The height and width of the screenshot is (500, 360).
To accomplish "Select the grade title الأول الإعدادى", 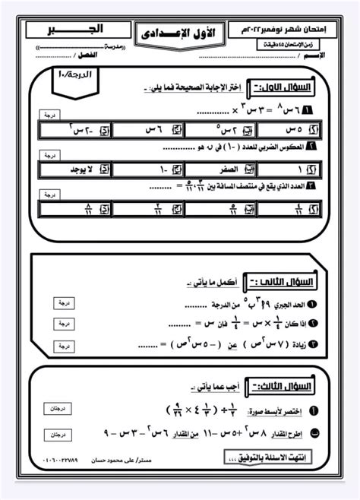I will point(180,34).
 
